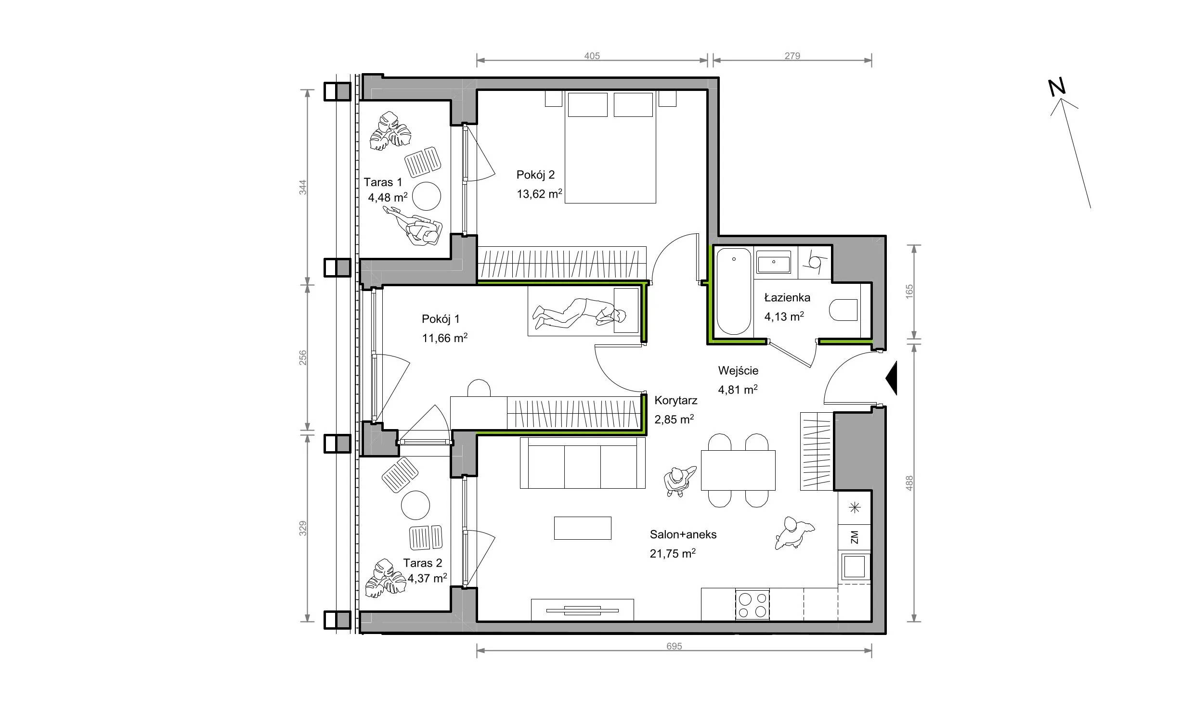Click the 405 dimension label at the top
(592, 56)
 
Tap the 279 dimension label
(792, 56)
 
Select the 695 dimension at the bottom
(674, 647)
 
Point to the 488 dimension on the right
(909, 483)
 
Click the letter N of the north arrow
(1057, 87)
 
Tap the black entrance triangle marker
(891, 379)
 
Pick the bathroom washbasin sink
(774, 263)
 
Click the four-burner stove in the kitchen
(753, 605)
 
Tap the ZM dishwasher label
(855, 537)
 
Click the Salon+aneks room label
(683, 534)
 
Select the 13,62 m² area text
(539, 194)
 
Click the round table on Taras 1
(427, 196)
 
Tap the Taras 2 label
(423, 563)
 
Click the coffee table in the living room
(583, 528)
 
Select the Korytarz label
(676, 400)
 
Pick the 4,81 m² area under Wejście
(738, 389)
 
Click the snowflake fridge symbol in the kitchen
(855, 507)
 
